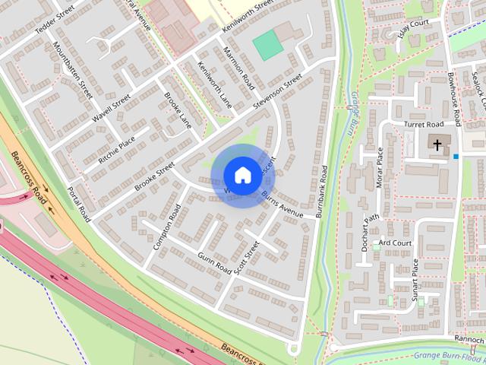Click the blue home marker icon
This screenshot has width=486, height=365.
pyautogui.click(x=241, y=175)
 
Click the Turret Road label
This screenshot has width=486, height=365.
pyautogui.click(x=423, y=124)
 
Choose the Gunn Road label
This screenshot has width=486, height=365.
pyautogui.click(x=213, y=262)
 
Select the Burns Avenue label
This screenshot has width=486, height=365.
pyautogui.click(x=282, y=205)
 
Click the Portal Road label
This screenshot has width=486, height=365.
pyautogui.click(x=79, y=205)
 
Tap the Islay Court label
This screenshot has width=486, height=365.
pyautogui.click(x=413, y=29)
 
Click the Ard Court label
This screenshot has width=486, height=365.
pyautogui.click(x=395, y=243)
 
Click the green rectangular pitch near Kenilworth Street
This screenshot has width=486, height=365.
pyautogui.click(x=268, y=46)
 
